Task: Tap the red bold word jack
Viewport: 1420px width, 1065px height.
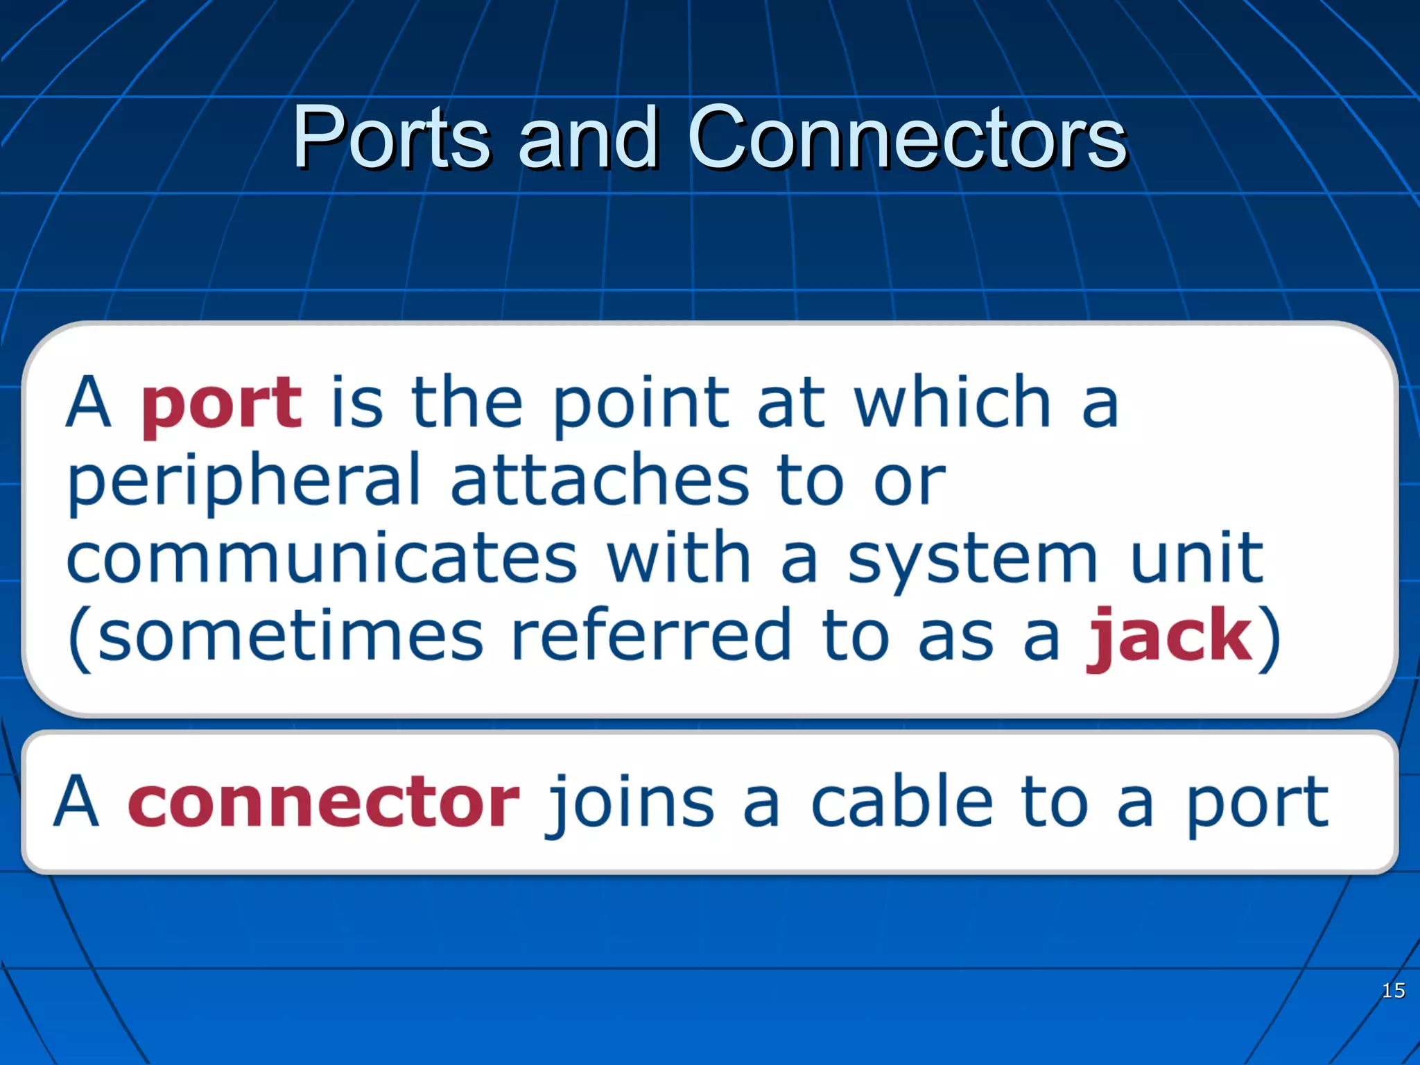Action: click(1169, 637)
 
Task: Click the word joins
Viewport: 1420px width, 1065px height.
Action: click(631, 804)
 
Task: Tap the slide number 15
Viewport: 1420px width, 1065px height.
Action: click(1393, 990)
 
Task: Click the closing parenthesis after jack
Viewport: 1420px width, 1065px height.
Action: click(1269, 638)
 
